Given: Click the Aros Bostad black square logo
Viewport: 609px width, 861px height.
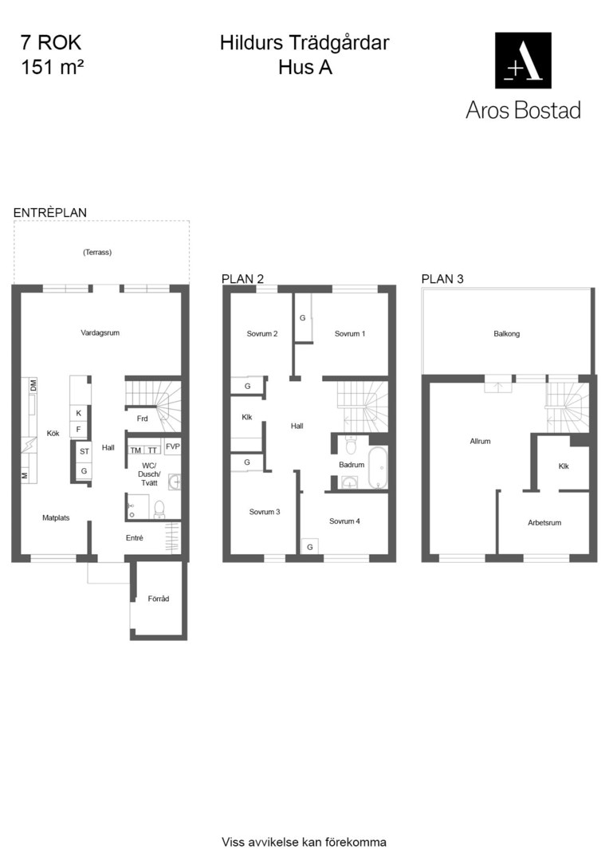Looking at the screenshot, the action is tap(523, 61).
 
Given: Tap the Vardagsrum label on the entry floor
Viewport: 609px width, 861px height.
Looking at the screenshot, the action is tap(100, 332).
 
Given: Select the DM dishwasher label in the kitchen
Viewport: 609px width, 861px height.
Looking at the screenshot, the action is tap(33, 386).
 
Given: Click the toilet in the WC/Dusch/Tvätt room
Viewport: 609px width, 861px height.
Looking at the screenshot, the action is tap(159, 509).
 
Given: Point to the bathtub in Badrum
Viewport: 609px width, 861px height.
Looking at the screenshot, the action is tap(378, 467).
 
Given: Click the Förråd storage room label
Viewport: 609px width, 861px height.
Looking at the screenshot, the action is tap(158, 599).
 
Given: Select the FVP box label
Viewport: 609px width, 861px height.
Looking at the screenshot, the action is tap(172, 446).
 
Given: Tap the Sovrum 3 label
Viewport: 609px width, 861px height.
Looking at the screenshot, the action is tap(265, 512).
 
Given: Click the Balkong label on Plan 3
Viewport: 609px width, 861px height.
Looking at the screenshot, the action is tap(506, 333).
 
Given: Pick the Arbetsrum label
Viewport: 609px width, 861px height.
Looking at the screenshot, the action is tap(544, 523).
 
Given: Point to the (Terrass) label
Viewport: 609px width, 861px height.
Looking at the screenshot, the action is tap(97, 252).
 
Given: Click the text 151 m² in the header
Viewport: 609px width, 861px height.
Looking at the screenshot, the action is tap(52, 67).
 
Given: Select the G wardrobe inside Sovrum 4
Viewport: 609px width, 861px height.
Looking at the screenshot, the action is tap(310, 547).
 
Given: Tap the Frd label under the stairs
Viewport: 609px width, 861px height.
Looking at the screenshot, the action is tap(142, 419).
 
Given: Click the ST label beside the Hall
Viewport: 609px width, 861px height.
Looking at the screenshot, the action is tap(84, 451).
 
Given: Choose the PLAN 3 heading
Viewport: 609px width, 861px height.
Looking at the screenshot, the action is tap(442, 279).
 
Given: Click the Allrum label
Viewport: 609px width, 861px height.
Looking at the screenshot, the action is tap(480, 441).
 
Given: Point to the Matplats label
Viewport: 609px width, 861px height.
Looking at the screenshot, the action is tap(56, 518).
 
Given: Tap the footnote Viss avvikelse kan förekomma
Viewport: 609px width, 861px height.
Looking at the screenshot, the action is tap(304, 842).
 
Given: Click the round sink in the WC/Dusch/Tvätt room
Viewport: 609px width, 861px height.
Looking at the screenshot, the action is tap(175, 482).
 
